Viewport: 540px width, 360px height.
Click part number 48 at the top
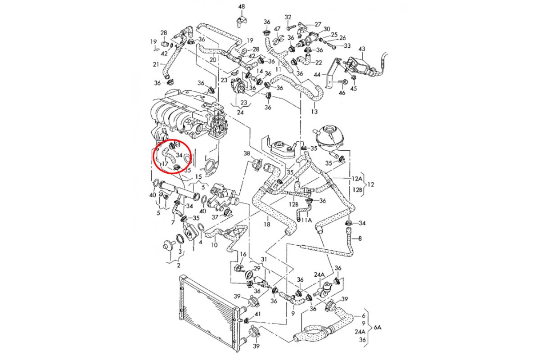coord(242,7)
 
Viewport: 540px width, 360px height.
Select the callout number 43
coord(362,49)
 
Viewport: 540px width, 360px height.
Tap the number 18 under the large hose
coord(267,224)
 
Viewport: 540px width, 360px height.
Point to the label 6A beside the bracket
coord(377,328)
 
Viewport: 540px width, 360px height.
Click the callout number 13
coord(315,112)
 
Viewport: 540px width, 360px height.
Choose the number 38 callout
coord(247,153)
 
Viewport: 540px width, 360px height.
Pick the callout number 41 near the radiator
coord(258,314)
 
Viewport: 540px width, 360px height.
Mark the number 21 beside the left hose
coord(156,64)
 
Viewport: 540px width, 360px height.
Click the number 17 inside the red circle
coord(165,164)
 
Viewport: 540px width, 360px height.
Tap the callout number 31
coord(264,259)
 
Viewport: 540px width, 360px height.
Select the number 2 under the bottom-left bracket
coord(178,265)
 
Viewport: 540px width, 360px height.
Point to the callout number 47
coord(277,29)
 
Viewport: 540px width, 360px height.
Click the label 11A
coord(306,220)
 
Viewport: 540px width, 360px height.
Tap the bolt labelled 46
coord(342,82)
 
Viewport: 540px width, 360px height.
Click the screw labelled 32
coord(289,28)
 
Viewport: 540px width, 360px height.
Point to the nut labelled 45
coord(353,77)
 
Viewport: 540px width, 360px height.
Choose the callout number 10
coord(214,245)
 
